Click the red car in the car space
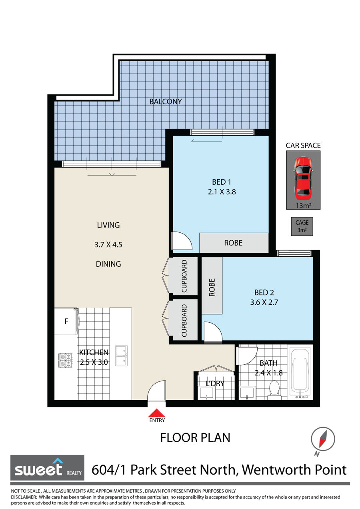(x=303, y=176)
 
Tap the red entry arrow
(x=156, y=413)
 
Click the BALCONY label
(x=166, y=102)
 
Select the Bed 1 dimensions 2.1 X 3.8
(x=222, y=192)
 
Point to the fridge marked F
(x=66, y=321)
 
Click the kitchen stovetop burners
(x=66, y=360)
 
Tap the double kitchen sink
(x=121, y=356)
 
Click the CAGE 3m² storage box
(x=302, y=226)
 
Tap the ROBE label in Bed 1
(x=233, y=243)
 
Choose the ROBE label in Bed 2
(x=212, y=287)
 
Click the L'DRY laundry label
(x=215, y=383)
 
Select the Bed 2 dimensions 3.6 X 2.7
(x=264, y=302)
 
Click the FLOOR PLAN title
(x=195, y=438)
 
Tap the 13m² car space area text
(x=303, y=206)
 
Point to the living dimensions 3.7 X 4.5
(x=108, y=244)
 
